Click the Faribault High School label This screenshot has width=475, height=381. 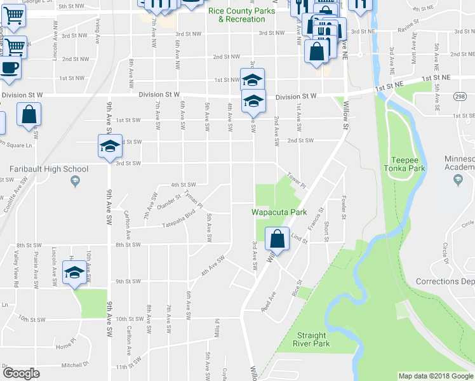(49, 169)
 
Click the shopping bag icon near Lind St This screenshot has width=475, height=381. (277, 240)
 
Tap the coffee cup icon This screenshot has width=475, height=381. (9, 68)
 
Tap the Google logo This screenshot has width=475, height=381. (21, 373)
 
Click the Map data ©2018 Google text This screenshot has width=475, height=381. (436, 376)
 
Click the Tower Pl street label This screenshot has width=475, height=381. (297, 180)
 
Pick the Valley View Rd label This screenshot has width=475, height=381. (16, 266)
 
